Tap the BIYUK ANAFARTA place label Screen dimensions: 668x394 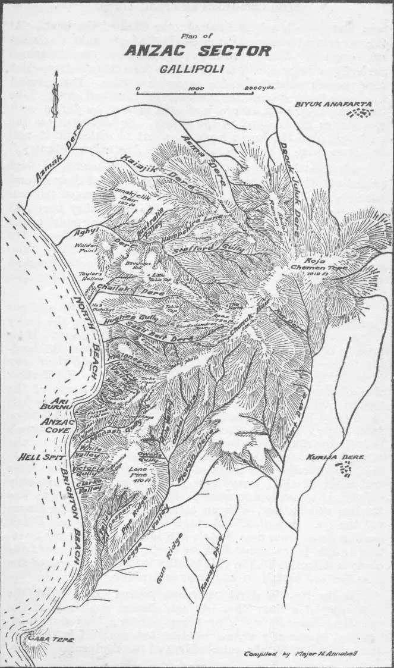(x=333, y=105)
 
